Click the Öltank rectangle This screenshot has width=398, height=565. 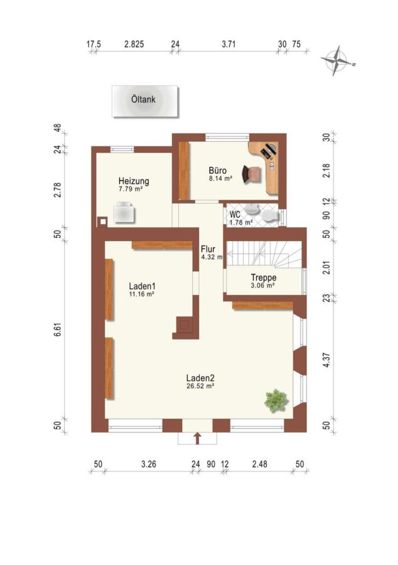(145, 101)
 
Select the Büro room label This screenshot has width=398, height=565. (218, 170)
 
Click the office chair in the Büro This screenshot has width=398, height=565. (251, 174)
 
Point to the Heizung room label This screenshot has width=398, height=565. (134, 181)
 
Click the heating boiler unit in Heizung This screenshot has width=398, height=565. (124, 213)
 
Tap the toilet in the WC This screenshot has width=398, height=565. (271, 216)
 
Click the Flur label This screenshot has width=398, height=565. (208, 249)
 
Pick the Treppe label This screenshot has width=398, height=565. (264, 277)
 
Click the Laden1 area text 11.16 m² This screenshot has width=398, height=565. (141, 294)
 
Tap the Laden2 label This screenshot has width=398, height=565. (201, 378)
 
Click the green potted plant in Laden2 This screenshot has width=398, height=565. (276, 401)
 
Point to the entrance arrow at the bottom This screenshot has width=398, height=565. (197, 439)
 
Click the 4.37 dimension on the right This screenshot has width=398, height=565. (326, 360)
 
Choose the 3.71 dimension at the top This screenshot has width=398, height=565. (229, 44)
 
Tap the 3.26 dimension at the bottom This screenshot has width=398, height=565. (149, 464)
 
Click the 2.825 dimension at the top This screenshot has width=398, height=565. (134, 44)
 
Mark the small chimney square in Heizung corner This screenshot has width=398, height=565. (103, 222)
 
